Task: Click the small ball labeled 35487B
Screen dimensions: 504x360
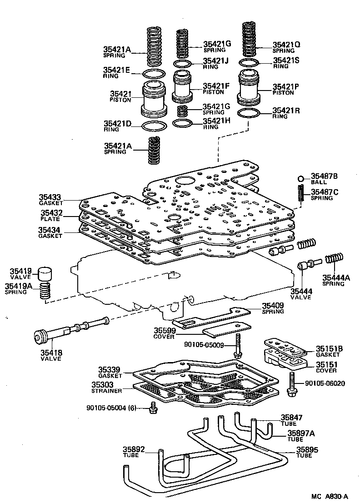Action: click(x=300, y=178)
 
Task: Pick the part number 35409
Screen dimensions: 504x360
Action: click(x=273, y=306)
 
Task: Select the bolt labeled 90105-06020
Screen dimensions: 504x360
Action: click(x=291, y=384)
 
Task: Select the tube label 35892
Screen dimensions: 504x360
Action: click(x=134, y=450)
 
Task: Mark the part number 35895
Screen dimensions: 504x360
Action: click(x=308, y=449)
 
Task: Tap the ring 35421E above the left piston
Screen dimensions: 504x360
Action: click(x=155, y=74)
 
